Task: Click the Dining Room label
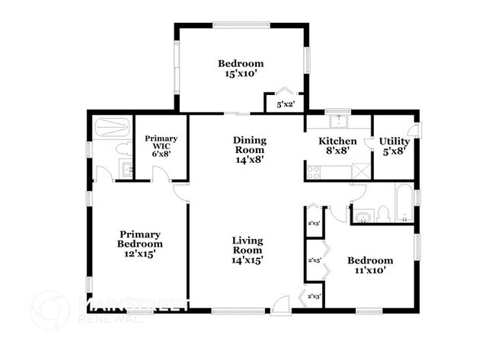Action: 249,145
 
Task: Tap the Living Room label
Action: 247,245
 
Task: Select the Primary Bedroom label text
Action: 140,239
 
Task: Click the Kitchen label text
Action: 337,142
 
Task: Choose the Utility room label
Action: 394,142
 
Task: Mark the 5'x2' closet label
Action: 285,104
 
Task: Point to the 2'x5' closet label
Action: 314,260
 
